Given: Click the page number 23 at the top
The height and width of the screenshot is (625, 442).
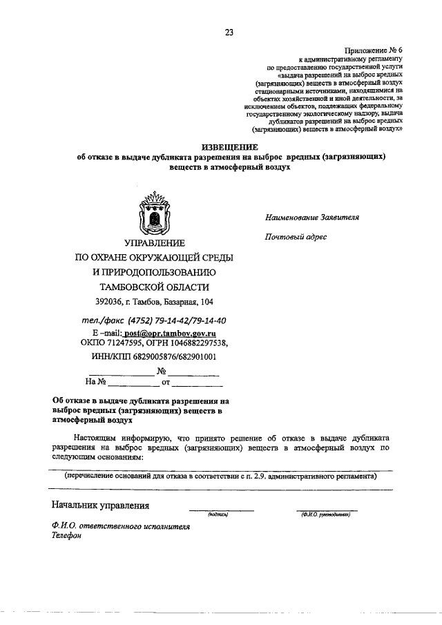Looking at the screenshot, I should coord(229,31).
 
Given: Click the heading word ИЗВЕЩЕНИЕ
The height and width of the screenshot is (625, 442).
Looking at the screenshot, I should coord(229,147).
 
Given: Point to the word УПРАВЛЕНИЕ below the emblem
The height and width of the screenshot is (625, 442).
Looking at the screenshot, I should coord(154,243).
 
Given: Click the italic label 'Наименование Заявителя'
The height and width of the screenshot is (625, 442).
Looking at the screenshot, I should coord(312,217).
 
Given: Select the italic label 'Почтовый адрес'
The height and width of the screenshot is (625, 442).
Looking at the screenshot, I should coord(296,238).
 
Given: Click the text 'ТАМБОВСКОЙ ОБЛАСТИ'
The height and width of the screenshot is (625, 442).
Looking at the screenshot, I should coord(154,287).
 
